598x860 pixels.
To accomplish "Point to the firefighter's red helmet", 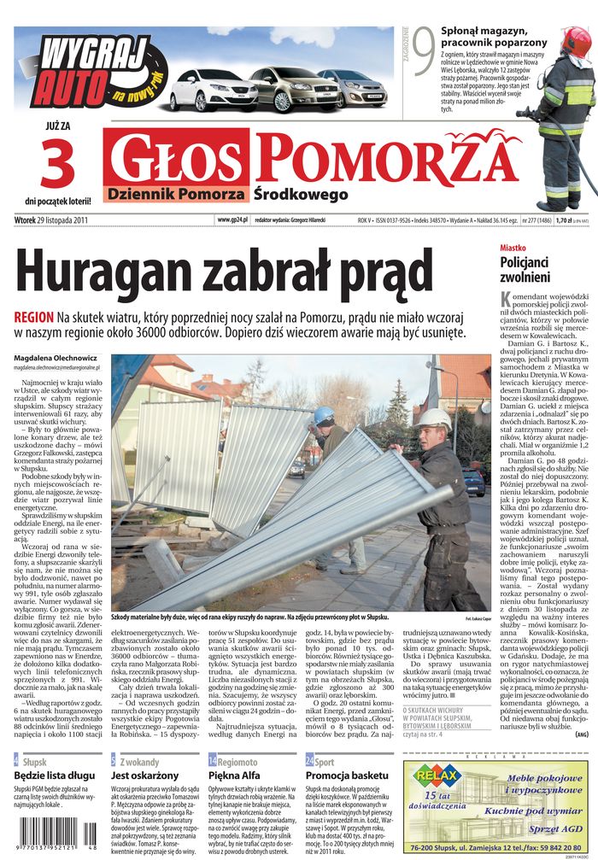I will click(577, 41).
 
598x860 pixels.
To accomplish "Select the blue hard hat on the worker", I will click(323, 415).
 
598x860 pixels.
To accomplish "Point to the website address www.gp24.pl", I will click(232, 219).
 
